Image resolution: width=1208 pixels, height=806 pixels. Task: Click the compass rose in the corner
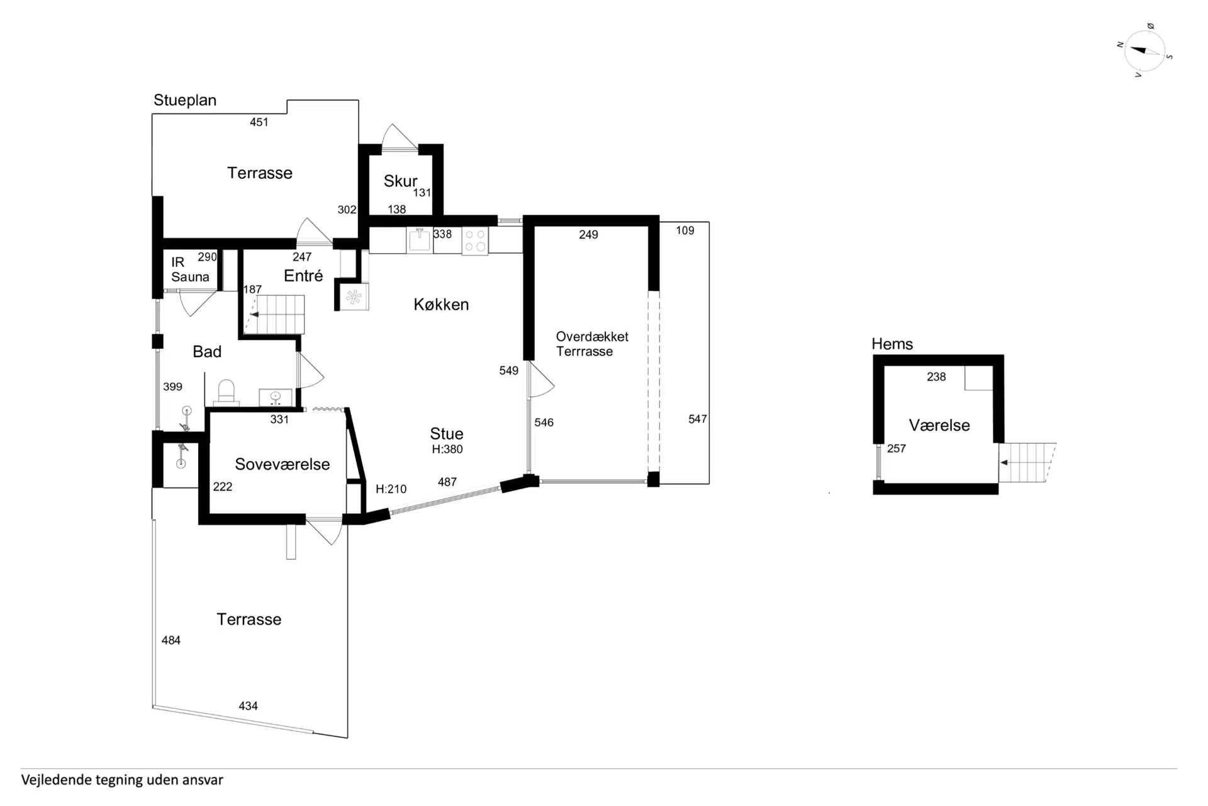click(1145, 50)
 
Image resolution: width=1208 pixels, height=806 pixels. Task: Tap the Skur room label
click(400, 181)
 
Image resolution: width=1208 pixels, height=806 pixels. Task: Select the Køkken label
click(441, 305)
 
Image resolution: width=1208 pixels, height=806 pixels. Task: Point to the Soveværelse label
click(282, 464)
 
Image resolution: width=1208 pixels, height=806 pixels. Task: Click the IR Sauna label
click(190, 270)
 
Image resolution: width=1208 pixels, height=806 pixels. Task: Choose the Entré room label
click(303, 276)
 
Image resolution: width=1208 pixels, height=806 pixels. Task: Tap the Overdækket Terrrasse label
click(592, 344)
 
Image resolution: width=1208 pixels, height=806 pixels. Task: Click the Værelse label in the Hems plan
click(939, 426)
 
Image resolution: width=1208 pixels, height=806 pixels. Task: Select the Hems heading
click(892, 344)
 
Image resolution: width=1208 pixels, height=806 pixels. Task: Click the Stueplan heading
click(185, 100)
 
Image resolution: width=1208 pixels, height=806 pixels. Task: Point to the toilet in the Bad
click(226, 392)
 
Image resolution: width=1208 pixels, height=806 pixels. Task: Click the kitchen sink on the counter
click(420, 239)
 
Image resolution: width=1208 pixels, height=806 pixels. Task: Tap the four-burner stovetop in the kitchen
click(475, 241)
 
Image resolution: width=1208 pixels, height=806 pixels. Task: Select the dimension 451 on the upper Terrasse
click(259, 122)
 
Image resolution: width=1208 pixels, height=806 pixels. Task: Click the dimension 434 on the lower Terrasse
click(249, 706)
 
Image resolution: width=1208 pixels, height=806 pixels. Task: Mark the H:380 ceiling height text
click(447, 449)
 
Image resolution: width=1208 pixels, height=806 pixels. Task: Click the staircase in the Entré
click(275, 314)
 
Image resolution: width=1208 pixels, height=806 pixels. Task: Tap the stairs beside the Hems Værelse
click(1027, 463)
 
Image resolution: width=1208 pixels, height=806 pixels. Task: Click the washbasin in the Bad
click(276, 398)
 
